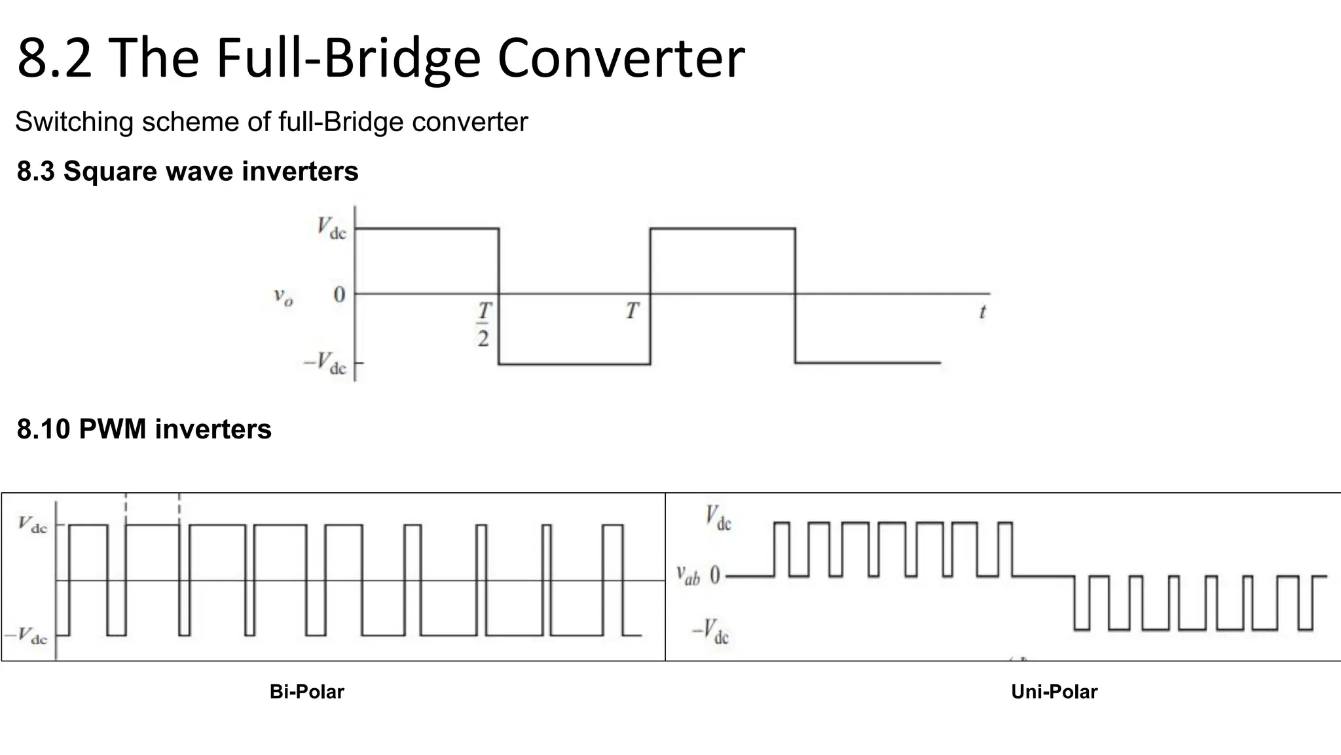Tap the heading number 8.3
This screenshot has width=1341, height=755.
coord(36,171)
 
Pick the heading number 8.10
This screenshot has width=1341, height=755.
coord(43,429)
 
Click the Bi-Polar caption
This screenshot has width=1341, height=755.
coord(306,691)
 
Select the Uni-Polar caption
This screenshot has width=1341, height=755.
coord(1054,691)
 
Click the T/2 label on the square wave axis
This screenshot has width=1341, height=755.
coord(483,324)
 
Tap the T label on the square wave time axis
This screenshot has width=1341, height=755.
coord(632,311)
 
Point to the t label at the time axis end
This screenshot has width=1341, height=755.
coord(982,312)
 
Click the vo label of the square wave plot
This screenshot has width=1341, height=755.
coord(283,297)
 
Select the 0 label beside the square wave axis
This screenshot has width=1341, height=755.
coord(339,295)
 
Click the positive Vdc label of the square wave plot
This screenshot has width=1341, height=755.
coord(331,229)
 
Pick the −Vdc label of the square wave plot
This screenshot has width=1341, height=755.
coord(325,363)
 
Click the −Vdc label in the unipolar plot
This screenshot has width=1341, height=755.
coord(711,632)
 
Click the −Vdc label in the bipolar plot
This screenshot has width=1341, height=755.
coord(26,636)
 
